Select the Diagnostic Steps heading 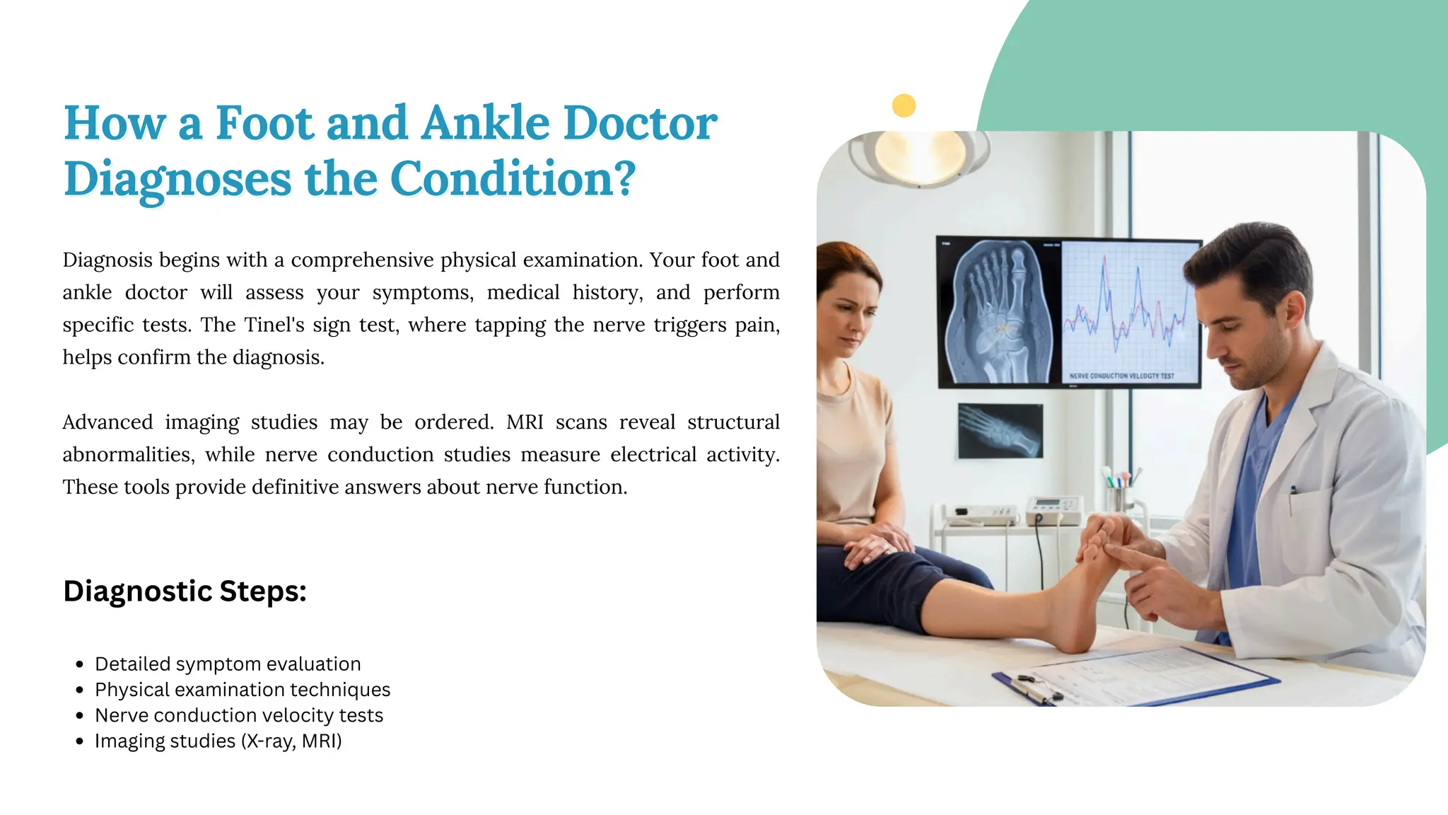click(x=185, y=591)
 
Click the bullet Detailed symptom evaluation click(x=228, y=664)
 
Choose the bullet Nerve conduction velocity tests click(x=239, y=715)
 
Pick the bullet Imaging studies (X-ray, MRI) click(x=218, y=741)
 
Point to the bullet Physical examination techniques click(x=243, y=689)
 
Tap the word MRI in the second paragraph click(x=525, y=422)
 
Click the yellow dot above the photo click(x=904, y=106)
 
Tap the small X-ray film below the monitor click(x=1000, y=430)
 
